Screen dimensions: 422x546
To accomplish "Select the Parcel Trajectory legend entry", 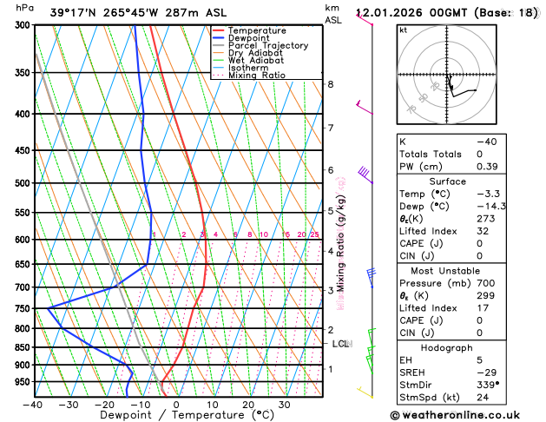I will pos(267,45).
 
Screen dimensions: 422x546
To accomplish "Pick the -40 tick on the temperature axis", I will pos(33,405).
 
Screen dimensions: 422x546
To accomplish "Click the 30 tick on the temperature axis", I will pos(284,405).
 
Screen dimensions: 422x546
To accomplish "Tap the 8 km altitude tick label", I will pos(331,84).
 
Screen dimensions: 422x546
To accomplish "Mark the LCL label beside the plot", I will pos(341,344).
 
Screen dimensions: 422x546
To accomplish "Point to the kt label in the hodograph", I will pos(403,30).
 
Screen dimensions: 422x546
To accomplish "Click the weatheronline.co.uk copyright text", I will pos(467,416).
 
